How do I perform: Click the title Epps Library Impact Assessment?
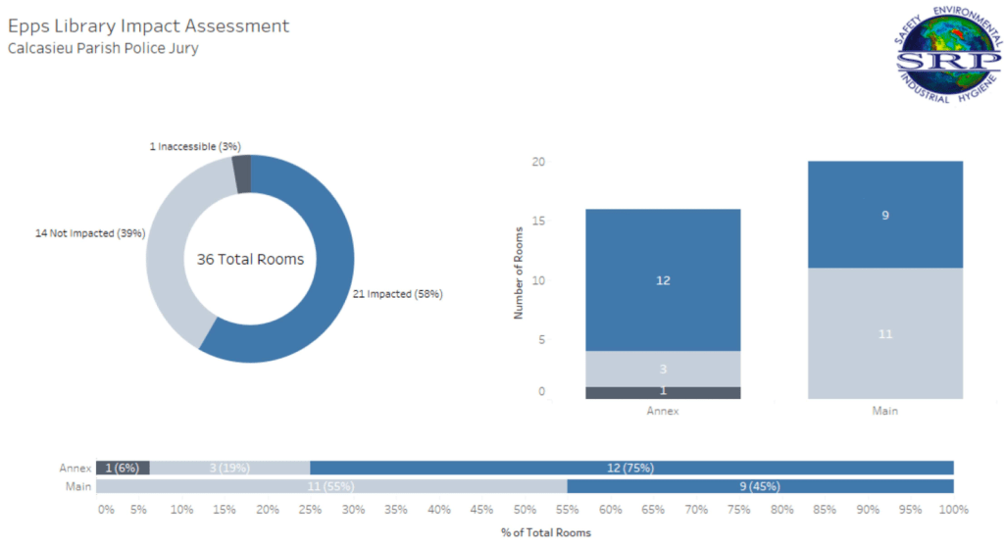[148, 25]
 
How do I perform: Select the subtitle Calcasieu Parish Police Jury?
[103, 48]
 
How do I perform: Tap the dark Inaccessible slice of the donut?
[242, 174]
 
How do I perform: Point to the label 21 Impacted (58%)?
[397, 294]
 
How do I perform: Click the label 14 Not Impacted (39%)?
[89, 233]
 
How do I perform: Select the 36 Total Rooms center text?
[250, 260]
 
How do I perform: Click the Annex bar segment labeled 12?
[663, 279]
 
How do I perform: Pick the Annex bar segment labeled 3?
[663, 369]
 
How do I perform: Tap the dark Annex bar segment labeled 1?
[663, 392]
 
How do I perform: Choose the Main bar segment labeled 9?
[885, 214]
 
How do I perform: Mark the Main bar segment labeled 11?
[885, 333]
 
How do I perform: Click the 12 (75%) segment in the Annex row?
[631, 468]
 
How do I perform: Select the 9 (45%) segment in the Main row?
[760, 486]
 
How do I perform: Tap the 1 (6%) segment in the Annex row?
[123, 468]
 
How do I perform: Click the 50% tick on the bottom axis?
[526, 510]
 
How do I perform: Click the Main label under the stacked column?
[885, 411]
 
